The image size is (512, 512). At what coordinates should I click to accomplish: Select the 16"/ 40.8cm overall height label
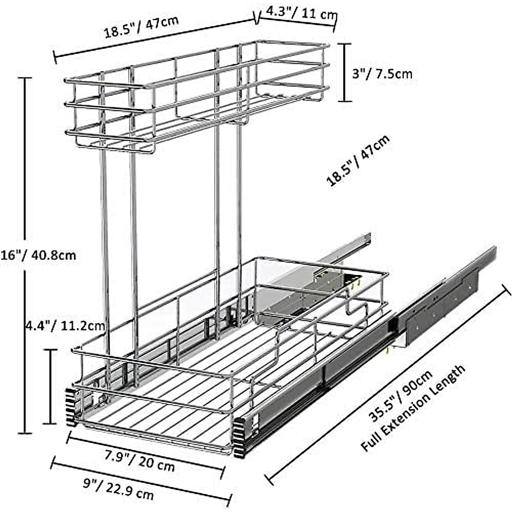click(x=38, y=255)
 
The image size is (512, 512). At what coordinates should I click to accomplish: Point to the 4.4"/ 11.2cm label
click(x=64, y=326)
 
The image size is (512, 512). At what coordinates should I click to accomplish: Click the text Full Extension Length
click(x=413, y=409)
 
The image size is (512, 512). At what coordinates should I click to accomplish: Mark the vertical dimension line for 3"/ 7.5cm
click(x=345, y=72)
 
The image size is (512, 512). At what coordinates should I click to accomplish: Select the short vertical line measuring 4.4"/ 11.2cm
click(x=50, y=386)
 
